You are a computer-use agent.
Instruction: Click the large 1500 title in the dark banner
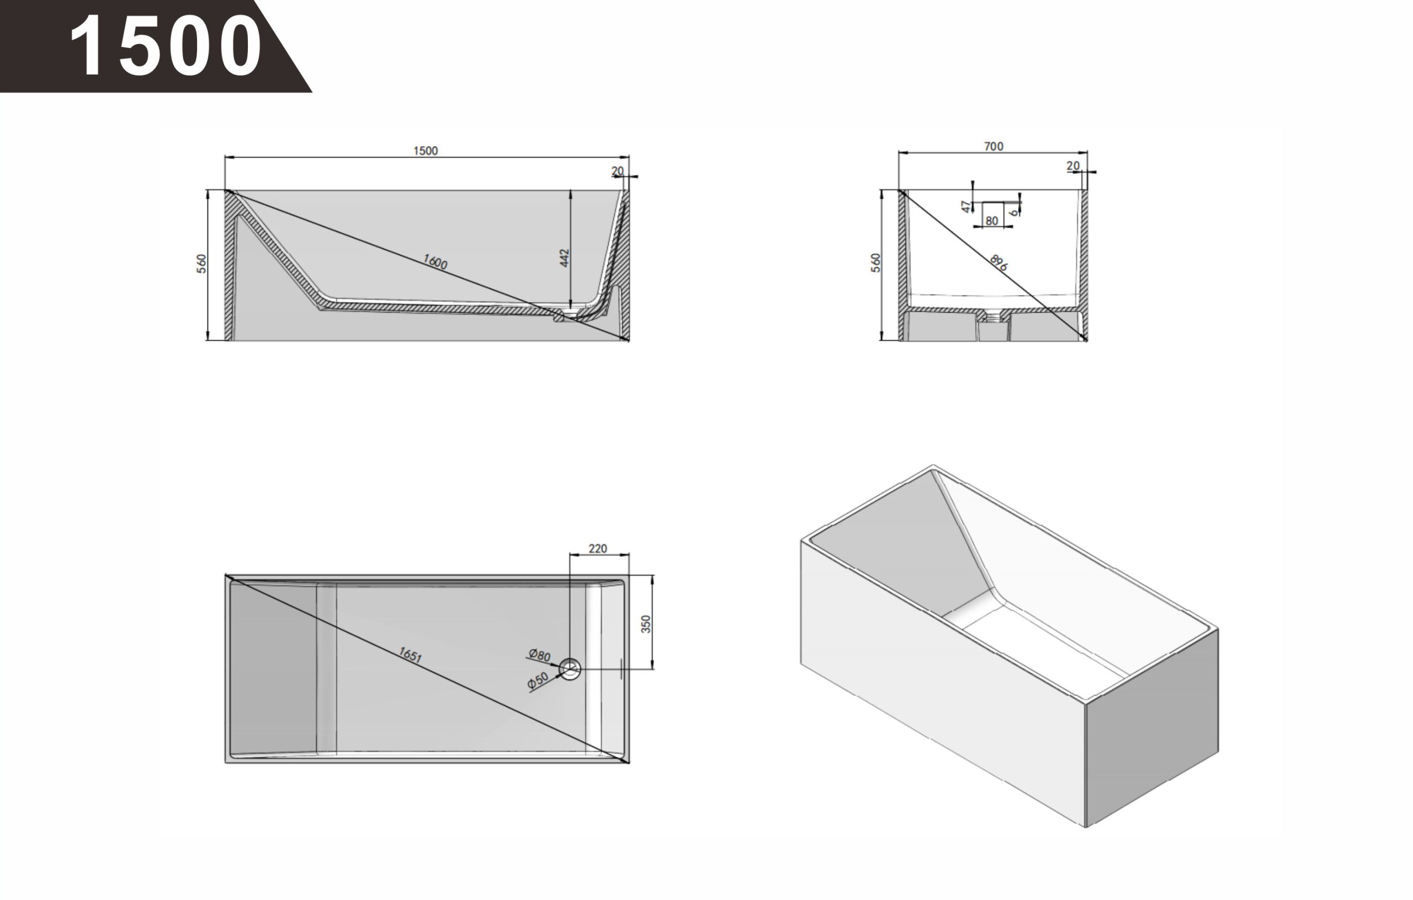tap(166, 45)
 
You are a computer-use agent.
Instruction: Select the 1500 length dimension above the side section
tap(426, 151)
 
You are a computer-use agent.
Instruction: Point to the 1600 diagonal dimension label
tap(435, 261)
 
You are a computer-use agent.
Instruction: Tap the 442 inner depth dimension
tap(565, 258)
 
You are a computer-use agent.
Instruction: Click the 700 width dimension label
tap(994, 146)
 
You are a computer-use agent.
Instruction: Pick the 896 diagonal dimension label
tap(998, 262)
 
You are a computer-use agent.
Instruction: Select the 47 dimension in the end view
tap(966, 206)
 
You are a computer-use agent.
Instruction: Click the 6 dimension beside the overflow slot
tap(1013, 212)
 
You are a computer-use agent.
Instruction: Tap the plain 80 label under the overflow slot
tap(992, 221)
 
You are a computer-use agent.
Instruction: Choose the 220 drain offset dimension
tap(597, 548)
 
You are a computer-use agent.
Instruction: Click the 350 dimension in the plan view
tap(646, 623)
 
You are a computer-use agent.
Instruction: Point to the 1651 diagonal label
tap(410, 655)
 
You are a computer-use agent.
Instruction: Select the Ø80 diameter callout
tap(539, 655)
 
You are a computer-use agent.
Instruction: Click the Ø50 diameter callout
tap(538, 680)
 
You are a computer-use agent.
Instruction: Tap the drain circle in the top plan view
tap(570, 669)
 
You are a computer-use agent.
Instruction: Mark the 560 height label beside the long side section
tap(202, 263)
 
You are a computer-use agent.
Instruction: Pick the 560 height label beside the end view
tap(875, 262)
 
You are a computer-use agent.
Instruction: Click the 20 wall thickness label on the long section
tap(617, 171)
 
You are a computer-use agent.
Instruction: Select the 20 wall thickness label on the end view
tap(1072, 166)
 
